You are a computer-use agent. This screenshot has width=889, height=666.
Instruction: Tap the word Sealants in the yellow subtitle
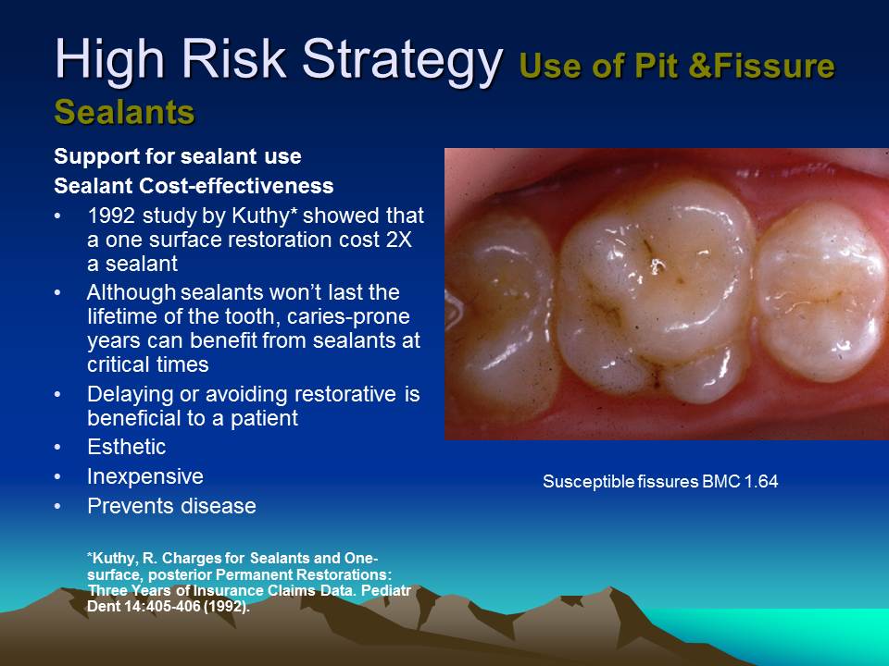124,111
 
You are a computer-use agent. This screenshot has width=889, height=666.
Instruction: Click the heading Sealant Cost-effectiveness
194,186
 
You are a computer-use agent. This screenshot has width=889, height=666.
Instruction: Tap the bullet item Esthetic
126,447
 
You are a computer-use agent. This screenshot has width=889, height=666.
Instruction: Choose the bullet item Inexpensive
144,476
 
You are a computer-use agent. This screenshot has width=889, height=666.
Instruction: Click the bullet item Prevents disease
171,506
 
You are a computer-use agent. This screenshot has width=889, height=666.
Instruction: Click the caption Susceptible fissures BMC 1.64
659,481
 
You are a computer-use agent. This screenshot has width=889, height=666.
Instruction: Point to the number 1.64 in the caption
760,481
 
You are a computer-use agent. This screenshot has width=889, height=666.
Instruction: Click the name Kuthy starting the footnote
114,558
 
